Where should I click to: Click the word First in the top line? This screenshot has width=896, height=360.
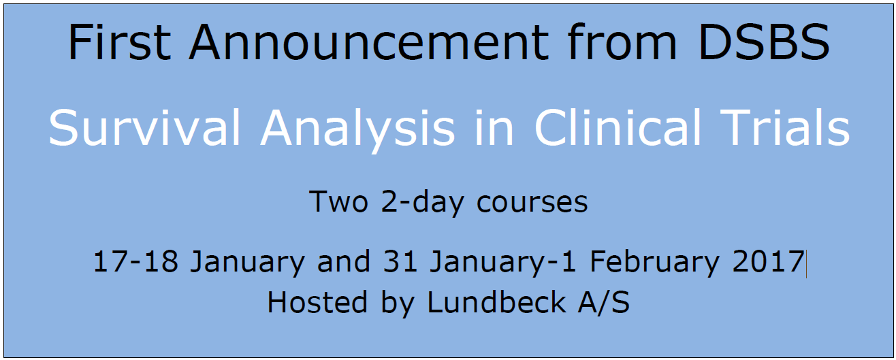point(120,42)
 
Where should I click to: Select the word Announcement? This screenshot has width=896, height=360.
point(368,42)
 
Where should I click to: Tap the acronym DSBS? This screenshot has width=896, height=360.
point(764,42)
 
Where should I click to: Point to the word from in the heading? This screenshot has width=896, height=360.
point(622,42)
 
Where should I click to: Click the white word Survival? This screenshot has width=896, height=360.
point(144,128)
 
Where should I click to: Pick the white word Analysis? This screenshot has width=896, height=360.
point(357,130)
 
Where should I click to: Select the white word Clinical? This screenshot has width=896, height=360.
point(618,127)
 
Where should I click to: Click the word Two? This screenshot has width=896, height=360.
point(338,201)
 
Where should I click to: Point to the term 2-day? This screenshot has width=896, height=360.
point(422,203)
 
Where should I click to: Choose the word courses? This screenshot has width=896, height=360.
point(532,202)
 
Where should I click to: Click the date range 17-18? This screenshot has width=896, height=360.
point(135,261)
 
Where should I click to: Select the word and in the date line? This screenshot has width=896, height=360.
point(344,261)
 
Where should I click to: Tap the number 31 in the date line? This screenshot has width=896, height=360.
point(400,261)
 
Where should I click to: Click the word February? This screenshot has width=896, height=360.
point(655,263)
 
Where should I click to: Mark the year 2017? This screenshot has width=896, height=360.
point(769,261)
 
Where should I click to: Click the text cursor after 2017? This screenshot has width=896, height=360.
point(806,263)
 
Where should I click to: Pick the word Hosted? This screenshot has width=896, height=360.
point(317,301)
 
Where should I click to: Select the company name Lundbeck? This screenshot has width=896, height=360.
point(496,301)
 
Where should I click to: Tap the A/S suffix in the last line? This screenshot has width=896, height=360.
point(604,302)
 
